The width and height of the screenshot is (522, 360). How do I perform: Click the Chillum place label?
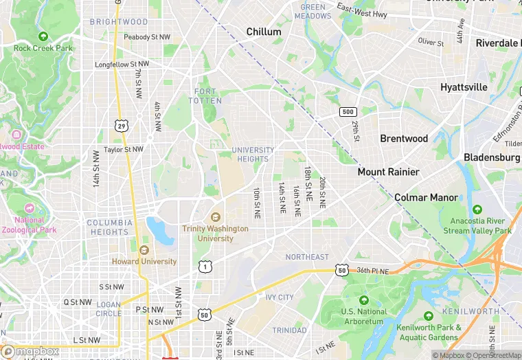pos(264,32)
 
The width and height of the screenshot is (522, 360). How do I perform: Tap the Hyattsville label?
pos(464,87)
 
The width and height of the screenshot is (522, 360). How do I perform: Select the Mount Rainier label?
pos(388,172)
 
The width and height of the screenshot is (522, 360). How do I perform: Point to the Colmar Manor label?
pos(426,197)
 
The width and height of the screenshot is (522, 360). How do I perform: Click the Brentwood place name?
pos(404,138)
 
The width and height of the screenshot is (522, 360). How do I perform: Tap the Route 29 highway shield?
pos(121,126)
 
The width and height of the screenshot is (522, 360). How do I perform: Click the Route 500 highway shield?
pos(348,111)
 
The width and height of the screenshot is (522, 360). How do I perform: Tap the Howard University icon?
pos(144,250)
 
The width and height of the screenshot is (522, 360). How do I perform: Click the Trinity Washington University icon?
pos(216,217)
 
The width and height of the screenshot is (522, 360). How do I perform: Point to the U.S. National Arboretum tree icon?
pos(363,300)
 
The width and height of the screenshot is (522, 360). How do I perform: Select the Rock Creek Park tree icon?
pos(43,36)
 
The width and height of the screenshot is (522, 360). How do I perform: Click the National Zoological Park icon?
pos(28,208)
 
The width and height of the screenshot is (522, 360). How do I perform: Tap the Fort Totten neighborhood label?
pos(205,96)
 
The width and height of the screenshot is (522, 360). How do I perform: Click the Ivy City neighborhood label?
pos(280,297)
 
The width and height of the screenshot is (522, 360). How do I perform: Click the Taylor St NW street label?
pos(124,149)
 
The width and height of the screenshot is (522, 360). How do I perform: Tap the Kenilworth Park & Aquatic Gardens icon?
pos(429,317)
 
